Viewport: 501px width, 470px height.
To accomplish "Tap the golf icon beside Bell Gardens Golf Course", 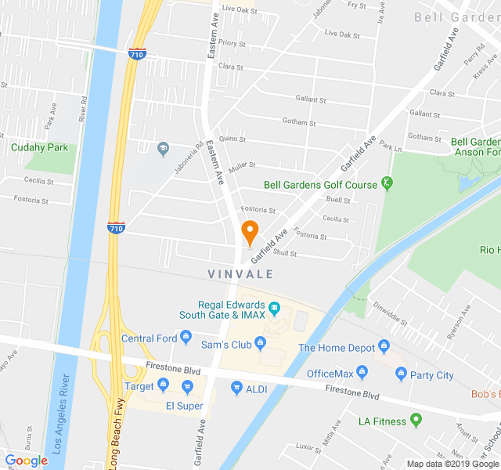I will click(x=387, y=184).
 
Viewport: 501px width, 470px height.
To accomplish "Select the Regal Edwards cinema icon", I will click(x=274, y=307).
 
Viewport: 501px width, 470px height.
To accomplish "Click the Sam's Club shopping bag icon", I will click(x=261, y=343).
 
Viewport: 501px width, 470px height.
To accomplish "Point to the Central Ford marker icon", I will click(x=186, y=338).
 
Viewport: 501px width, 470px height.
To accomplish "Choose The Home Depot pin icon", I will click(x=384, y=345).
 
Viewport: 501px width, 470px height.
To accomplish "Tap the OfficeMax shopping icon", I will click(x=362, y=372).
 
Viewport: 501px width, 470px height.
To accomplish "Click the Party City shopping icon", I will click(x=402, y=374).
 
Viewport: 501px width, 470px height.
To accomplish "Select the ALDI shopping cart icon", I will click(x=236, y=387).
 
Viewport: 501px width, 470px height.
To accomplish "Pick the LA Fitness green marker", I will click(x=416, y=421).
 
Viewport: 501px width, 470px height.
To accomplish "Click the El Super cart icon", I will click(x=187, y=386).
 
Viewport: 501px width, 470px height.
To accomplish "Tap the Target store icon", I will click(x=163, y=385).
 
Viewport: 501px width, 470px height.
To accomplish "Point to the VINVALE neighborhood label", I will click(x=241, y=274).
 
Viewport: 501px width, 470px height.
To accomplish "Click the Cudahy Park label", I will click(x=39, y=147).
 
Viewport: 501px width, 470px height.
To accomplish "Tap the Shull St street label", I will click(x=285, y=253).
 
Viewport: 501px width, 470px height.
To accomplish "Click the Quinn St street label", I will click(x=232, y=139).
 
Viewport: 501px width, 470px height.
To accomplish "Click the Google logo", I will click(x=27, y=461).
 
